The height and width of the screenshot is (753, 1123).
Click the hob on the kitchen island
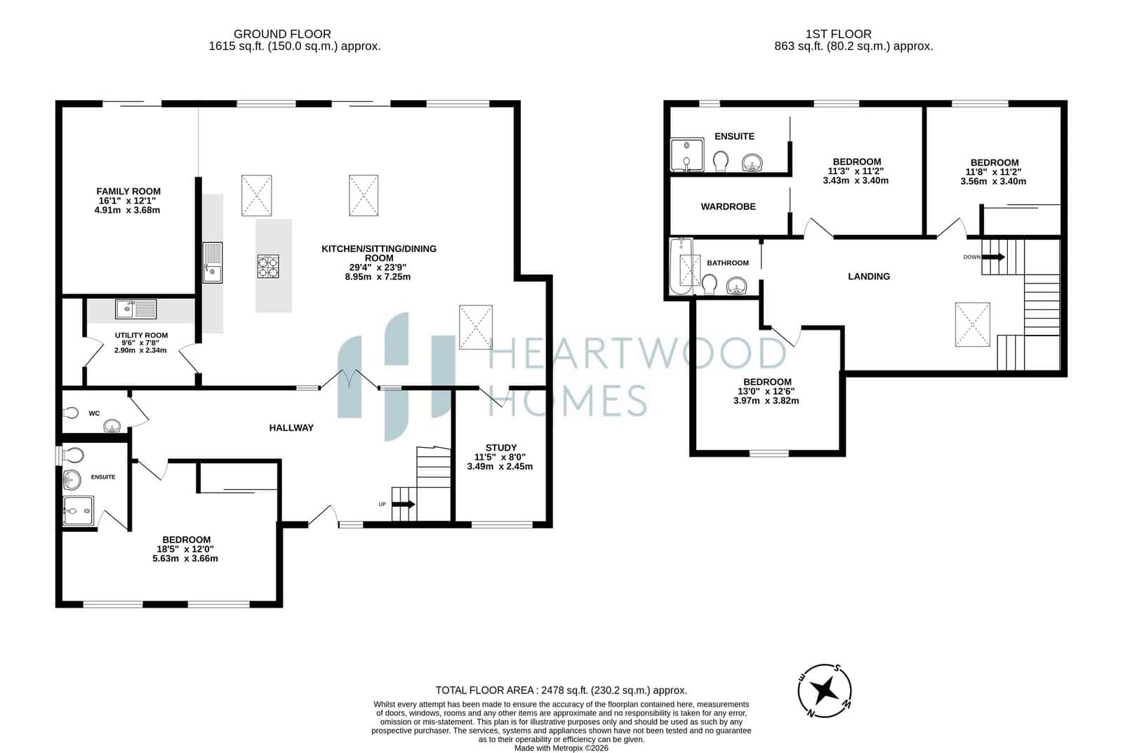click(267, 266)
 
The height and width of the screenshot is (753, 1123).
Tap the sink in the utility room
click(136, 309)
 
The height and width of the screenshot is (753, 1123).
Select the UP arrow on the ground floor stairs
click(403, 504)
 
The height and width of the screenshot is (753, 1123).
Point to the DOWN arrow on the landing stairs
click(993, 257)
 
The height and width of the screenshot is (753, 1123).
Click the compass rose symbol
click(825, 691)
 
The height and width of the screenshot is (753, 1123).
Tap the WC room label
click(94, 413)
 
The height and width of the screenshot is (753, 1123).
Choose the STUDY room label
click(501, 447)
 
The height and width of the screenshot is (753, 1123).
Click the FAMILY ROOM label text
click(128, 191)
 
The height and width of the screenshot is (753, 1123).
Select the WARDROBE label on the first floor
click(728, 206)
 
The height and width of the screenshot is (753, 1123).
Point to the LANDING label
click(869, 276)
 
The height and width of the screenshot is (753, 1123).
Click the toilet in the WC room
click(71, 413)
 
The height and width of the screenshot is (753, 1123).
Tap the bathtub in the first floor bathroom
click(682, 266)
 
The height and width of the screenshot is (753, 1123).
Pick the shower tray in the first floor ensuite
click(687, 155)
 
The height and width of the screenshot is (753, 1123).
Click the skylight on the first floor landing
click(973, 324)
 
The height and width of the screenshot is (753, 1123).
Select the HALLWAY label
click(291, 427)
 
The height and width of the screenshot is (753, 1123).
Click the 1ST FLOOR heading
click(838, 34)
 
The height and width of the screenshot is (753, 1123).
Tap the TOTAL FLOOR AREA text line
click(561, 690)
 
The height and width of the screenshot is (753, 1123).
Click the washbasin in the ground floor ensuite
click(72, 480)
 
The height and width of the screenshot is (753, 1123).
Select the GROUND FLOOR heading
click(282, 34)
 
